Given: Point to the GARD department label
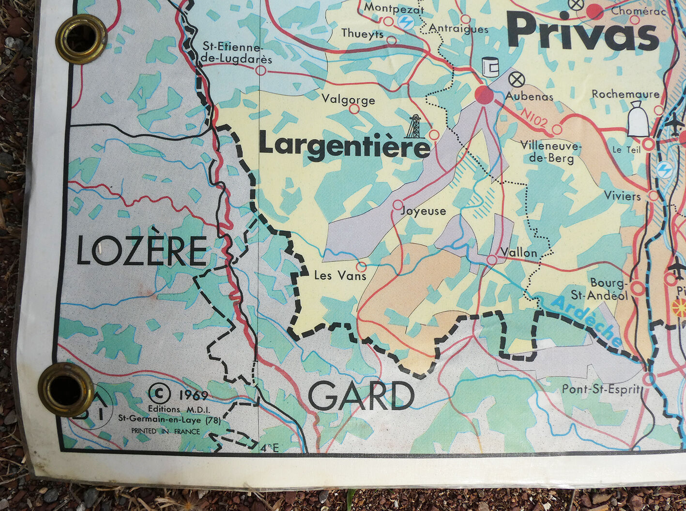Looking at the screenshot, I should (361, 396).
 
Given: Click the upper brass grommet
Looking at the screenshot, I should (81, 39).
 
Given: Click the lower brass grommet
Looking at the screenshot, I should (66, 389).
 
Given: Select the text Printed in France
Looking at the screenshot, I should (166, 431).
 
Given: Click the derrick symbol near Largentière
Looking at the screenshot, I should (413, 127).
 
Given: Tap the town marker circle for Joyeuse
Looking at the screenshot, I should (397, 204).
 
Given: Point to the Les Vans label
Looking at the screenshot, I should (340, 276).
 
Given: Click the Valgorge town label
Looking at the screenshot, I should (348, 100).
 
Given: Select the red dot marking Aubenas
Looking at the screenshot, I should (484, 95).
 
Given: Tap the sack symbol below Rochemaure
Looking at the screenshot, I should (638, 119).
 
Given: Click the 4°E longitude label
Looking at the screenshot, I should (269, 448).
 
